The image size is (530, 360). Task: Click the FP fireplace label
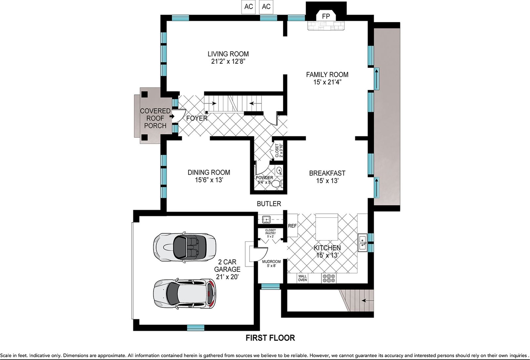pos(326,16)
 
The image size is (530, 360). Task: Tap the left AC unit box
pos(248,7)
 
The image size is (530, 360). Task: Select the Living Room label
pos(228,54)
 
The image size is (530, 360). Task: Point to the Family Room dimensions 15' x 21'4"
pos(327,82)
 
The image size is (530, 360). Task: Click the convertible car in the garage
pos(184,247)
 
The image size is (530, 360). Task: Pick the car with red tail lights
pos(184,294)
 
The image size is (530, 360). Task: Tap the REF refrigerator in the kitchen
pos(292,226)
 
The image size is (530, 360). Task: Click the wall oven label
pos(302,278)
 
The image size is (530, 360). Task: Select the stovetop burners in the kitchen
pos(329,278)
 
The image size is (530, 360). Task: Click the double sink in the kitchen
pos(362,243)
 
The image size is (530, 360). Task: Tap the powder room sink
pos(279,170)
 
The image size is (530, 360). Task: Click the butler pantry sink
pos(266,219)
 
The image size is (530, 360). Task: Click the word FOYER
pos(197,118)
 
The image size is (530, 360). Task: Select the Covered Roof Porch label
pos(155,118)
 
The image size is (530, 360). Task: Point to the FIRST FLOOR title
pos(270,338)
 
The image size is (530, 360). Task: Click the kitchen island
pos(327,227)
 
